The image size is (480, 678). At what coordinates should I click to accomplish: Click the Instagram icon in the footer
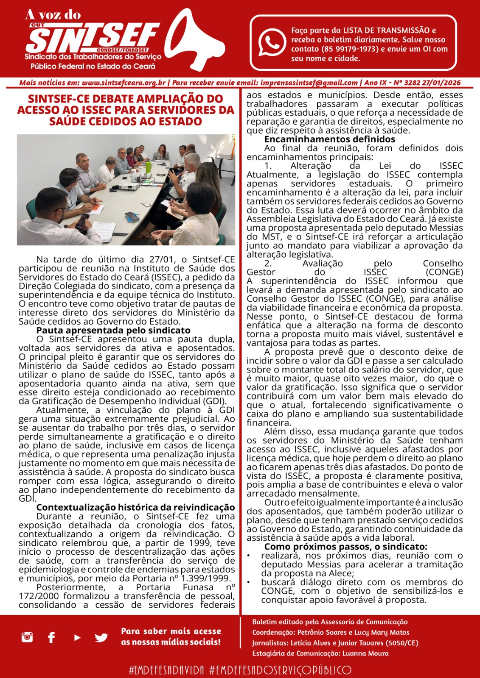27,636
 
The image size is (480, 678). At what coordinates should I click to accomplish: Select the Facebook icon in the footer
51,637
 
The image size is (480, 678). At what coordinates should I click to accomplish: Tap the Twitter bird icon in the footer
101,637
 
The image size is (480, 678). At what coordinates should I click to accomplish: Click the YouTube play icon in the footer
77,637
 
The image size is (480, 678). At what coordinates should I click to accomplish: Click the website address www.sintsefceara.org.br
124,83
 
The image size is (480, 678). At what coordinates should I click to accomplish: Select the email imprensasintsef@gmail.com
309,83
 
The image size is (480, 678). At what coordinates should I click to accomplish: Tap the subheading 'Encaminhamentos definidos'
329,139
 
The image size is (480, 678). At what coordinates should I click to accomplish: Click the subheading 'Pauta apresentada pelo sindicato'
113,331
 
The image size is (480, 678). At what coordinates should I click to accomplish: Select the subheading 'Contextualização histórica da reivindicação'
135,508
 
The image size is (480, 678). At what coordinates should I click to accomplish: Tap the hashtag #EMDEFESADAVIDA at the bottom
166,670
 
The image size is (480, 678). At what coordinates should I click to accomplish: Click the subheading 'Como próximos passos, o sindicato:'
345,547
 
